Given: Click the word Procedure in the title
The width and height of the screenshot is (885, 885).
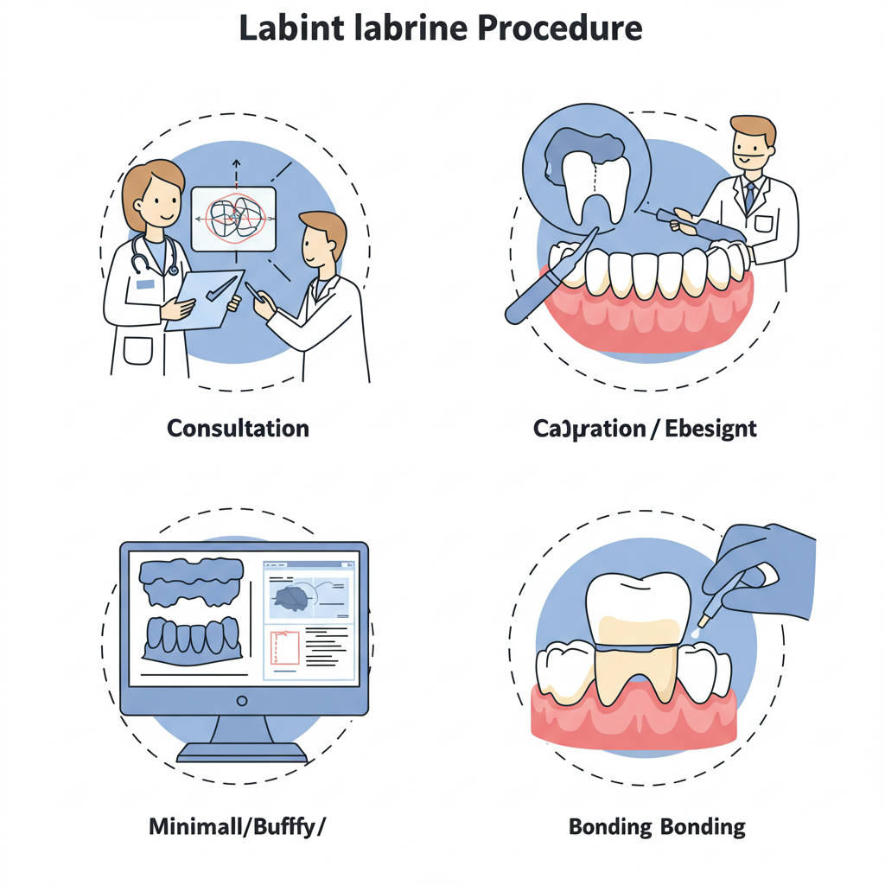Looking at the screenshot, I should click(560, 29).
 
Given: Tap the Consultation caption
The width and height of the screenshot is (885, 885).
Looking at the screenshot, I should click(238, 428).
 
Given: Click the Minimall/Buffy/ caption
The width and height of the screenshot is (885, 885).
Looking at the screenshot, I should click(238, 826).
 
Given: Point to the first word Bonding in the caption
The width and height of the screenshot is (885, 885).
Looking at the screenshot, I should click(610, 827).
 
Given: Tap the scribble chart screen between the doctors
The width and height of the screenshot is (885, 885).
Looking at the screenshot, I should click(232, 219).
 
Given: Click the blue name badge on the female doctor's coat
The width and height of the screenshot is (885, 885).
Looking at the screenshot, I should click(144, 284).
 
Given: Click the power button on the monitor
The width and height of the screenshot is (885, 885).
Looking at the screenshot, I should click(242, 700).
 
